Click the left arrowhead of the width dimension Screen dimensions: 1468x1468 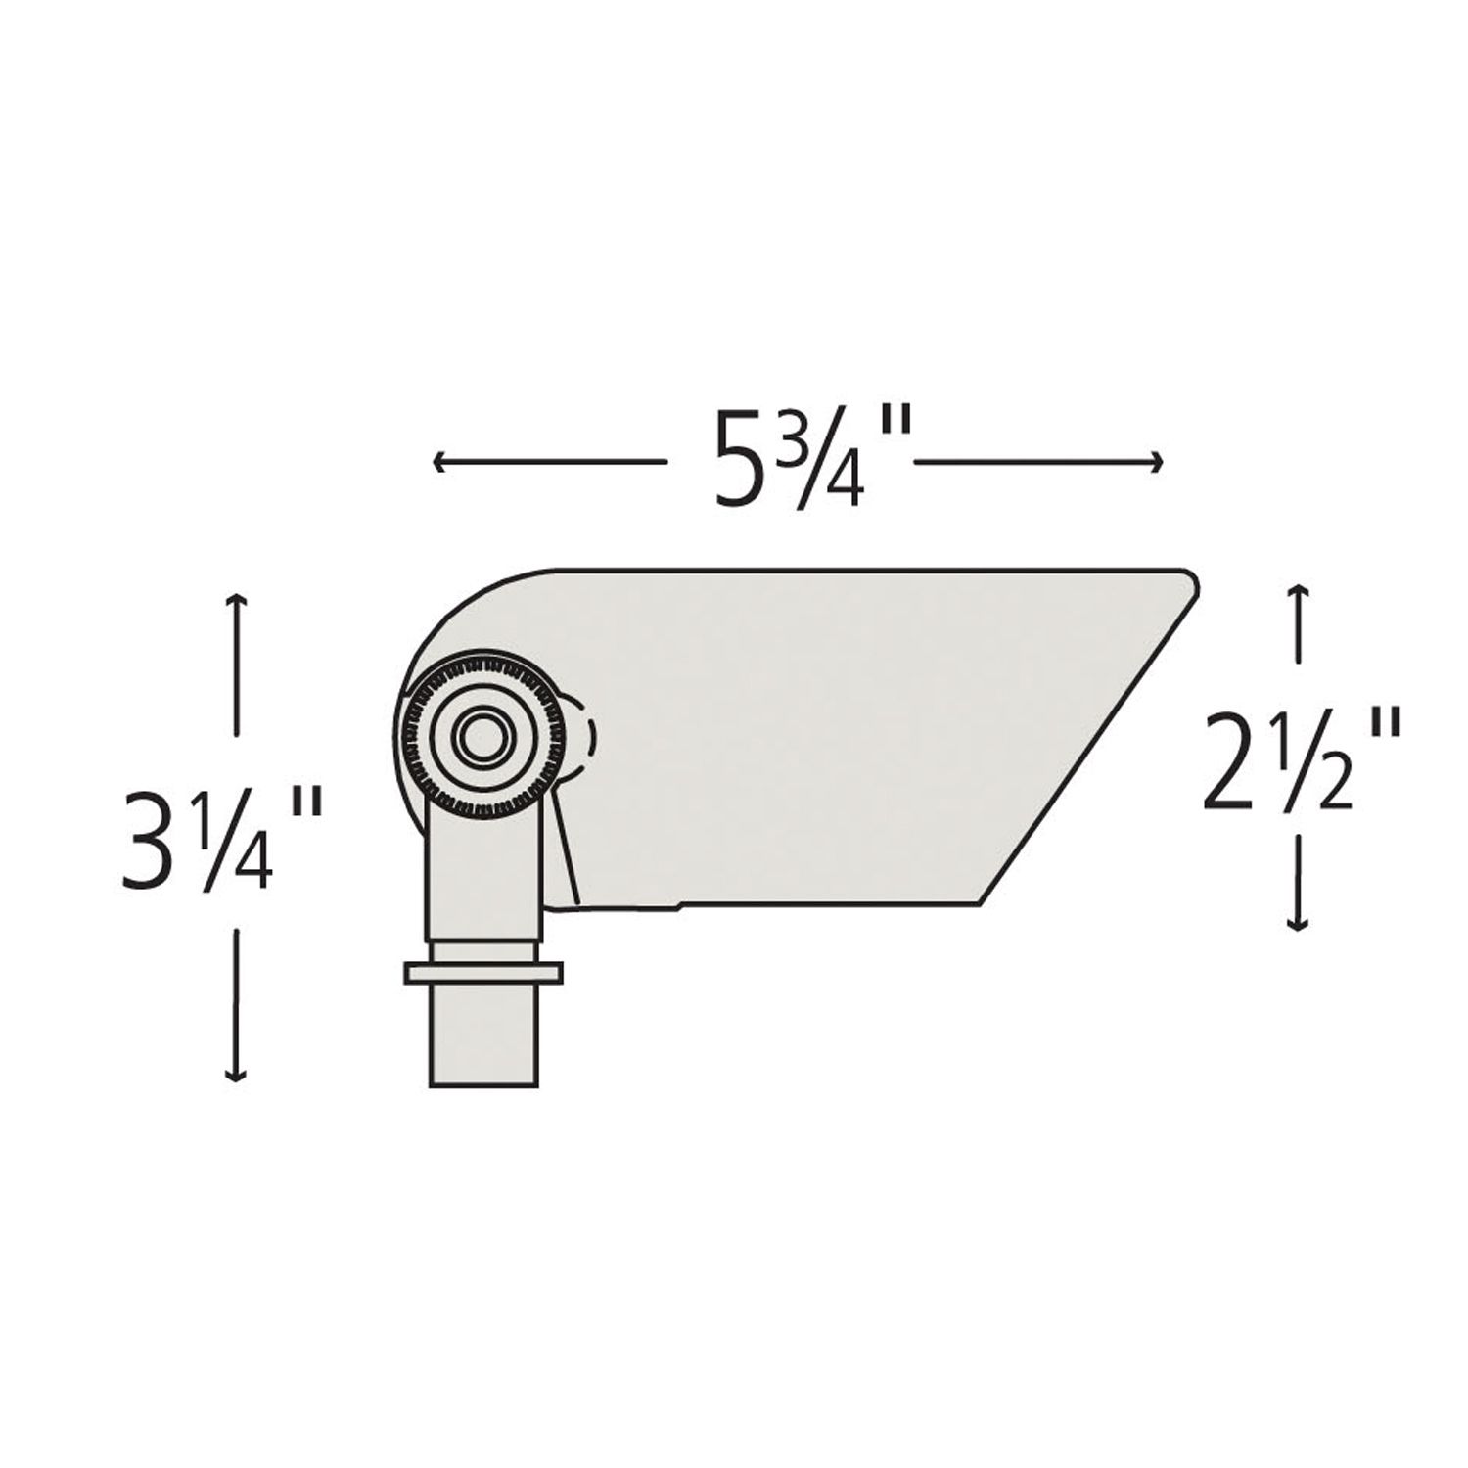437,463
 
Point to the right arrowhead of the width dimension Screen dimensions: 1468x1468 1160,463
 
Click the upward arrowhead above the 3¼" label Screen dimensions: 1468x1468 234,599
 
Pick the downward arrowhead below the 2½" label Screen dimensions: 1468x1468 1298,925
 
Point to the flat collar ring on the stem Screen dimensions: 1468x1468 483,972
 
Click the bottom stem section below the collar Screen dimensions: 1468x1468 483,1036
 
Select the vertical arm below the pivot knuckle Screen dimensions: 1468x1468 483,871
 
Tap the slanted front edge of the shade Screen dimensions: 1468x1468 1086,744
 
